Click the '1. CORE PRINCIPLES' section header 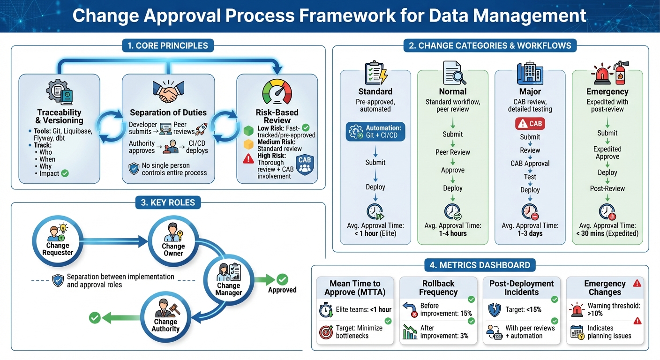(168, 45)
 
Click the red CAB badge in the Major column (530, 123)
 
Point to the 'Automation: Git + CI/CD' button (375, 132)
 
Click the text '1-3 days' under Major (530, 233)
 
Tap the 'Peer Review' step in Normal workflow (452, 152)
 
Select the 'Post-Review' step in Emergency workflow (607, 188)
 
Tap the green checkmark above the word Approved (282, 279)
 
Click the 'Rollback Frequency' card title (438, 288)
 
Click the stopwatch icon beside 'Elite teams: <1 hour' (325, 310)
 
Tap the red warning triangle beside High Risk (248, 159)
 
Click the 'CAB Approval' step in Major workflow (530, 164)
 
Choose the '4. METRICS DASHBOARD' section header (480, 265)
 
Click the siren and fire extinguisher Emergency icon (607, 74)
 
